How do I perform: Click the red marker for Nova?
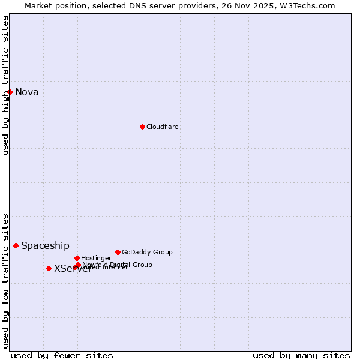[10, 92]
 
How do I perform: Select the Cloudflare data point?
[142, 127]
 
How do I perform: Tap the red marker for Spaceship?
[16, 245]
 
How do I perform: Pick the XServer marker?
[49, 268]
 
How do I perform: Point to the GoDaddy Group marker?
[118, 252]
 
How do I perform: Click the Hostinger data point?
[77, 258]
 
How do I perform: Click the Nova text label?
[27, 92]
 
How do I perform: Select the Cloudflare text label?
[162, 127]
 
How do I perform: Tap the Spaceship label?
[45, 245]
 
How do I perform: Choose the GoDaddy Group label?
[147, 252]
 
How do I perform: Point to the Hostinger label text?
[96, 258]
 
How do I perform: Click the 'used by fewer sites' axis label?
[62, 355]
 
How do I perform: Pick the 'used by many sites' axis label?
[301, 355]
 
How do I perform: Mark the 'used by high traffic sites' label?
[5, 85]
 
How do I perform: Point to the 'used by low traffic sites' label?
[5, 281]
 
